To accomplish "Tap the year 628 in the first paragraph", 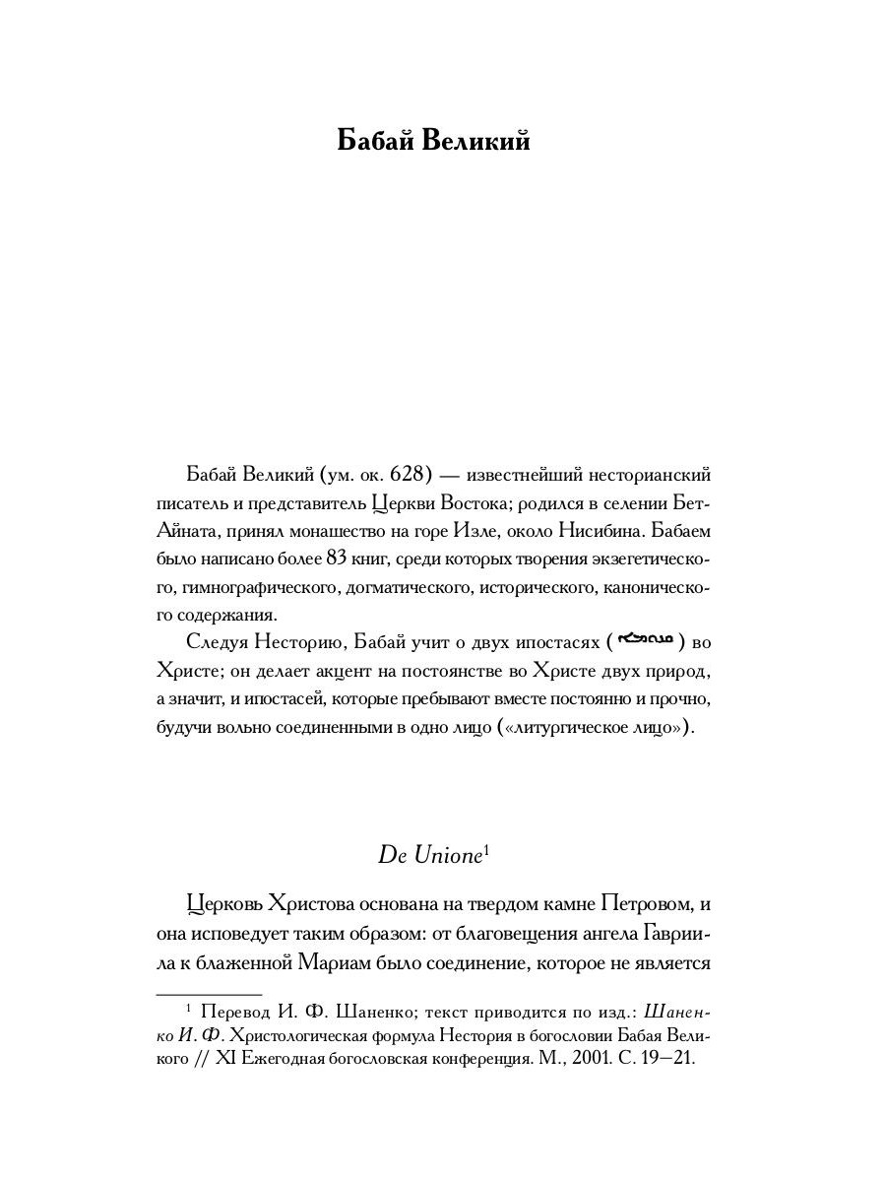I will point(406,476).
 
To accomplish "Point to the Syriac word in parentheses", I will point(644,641).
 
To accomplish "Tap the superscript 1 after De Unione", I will point(486,849).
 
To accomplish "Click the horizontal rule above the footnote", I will point(209,995).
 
